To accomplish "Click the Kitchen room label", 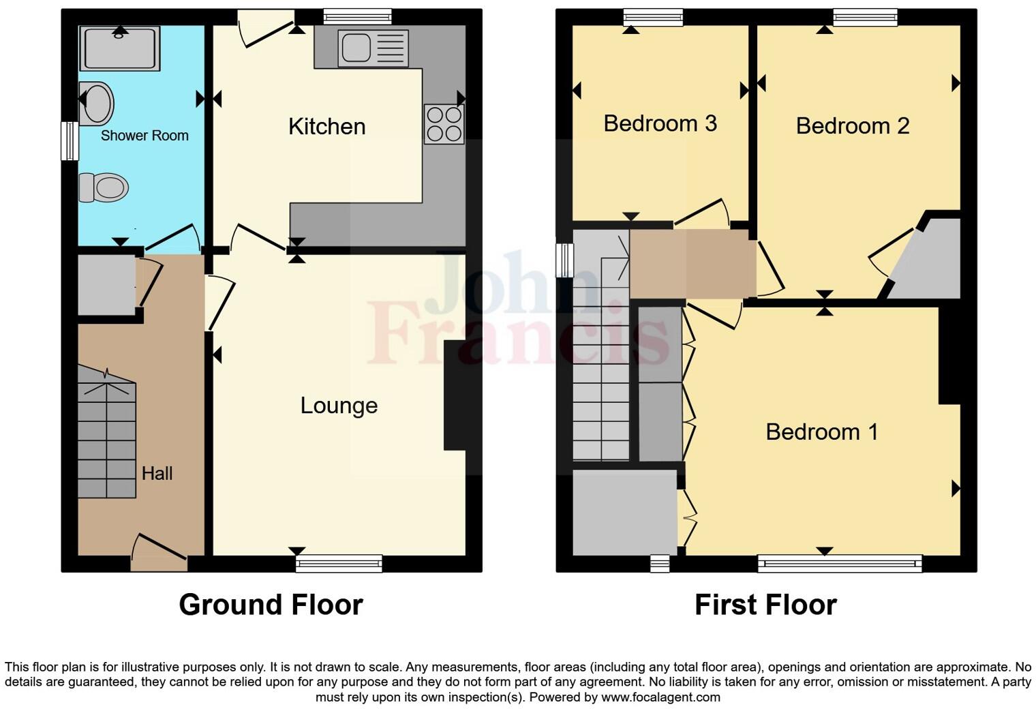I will click(326, 127).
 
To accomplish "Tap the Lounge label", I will click(339, 406).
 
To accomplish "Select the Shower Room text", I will click(144, 136).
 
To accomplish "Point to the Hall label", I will click(157, 473).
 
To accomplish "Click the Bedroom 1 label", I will click(821, 432).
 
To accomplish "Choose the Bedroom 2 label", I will click(852, 126).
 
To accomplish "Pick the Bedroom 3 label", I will click(660, 123).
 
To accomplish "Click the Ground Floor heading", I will click(271, 605).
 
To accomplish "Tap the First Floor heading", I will click(765, 605).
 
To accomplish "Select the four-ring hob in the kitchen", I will click(444, 124).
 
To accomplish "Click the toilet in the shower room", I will click(104, 187).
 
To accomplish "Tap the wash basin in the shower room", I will click(96, 104).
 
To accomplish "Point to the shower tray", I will click(120, 48).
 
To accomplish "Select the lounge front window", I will click(339, 563).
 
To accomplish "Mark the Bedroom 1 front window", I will click(840, 563).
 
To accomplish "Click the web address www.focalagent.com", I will click(660, 697).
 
